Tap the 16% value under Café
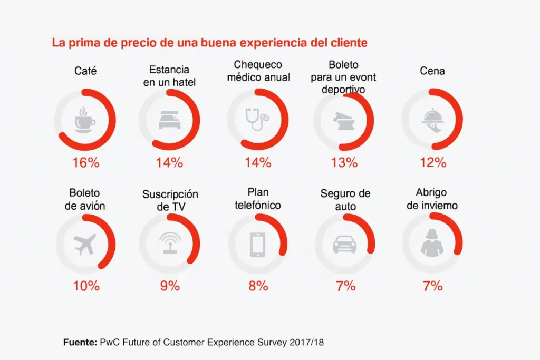(85, 162)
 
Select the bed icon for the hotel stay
(169, 120)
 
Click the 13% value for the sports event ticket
(344, 162)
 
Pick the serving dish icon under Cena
(432, 120)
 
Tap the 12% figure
(432, 162)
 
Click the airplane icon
(85, 244)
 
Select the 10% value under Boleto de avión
(85, 286)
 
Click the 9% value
(170, 286)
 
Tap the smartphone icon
(257, 244)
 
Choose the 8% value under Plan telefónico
(258, 286)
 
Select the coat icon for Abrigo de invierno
(432, 244)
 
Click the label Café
(85, 71)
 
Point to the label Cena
(432, 71)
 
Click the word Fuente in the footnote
(80, 342)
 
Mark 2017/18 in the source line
(306, 342)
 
